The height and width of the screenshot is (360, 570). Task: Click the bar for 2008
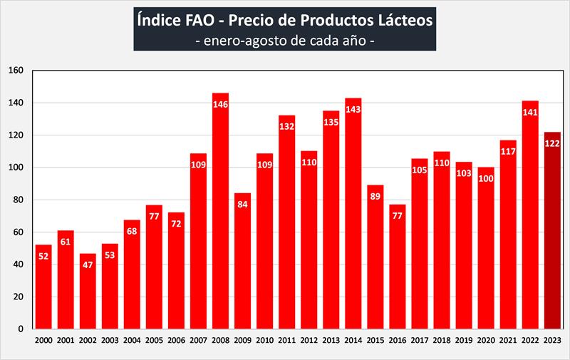pos(220,214)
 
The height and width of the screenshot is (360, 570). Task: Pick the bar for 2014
pos(353,214)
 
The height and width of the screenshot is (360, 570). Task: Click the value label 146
pos(220,104)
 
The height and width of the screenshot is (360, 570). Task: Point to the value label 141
pos(530,112)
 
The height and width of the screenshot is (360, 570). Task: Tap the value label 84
pos(242,204)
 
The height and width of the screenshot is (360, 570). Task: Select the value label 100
pos(486,178)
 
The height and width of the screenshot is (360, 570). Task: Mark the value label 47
pos(88,264)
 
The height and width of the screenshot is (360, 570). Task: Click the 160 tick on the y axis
pos(16,71)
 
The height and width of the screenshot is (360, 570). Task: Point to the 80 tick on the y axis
pos(19,200)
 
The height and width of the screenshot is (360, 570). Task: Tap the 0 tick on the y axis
pos(22,329)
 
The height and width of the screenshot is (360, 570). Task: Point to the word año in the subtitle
pos(352,40)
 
